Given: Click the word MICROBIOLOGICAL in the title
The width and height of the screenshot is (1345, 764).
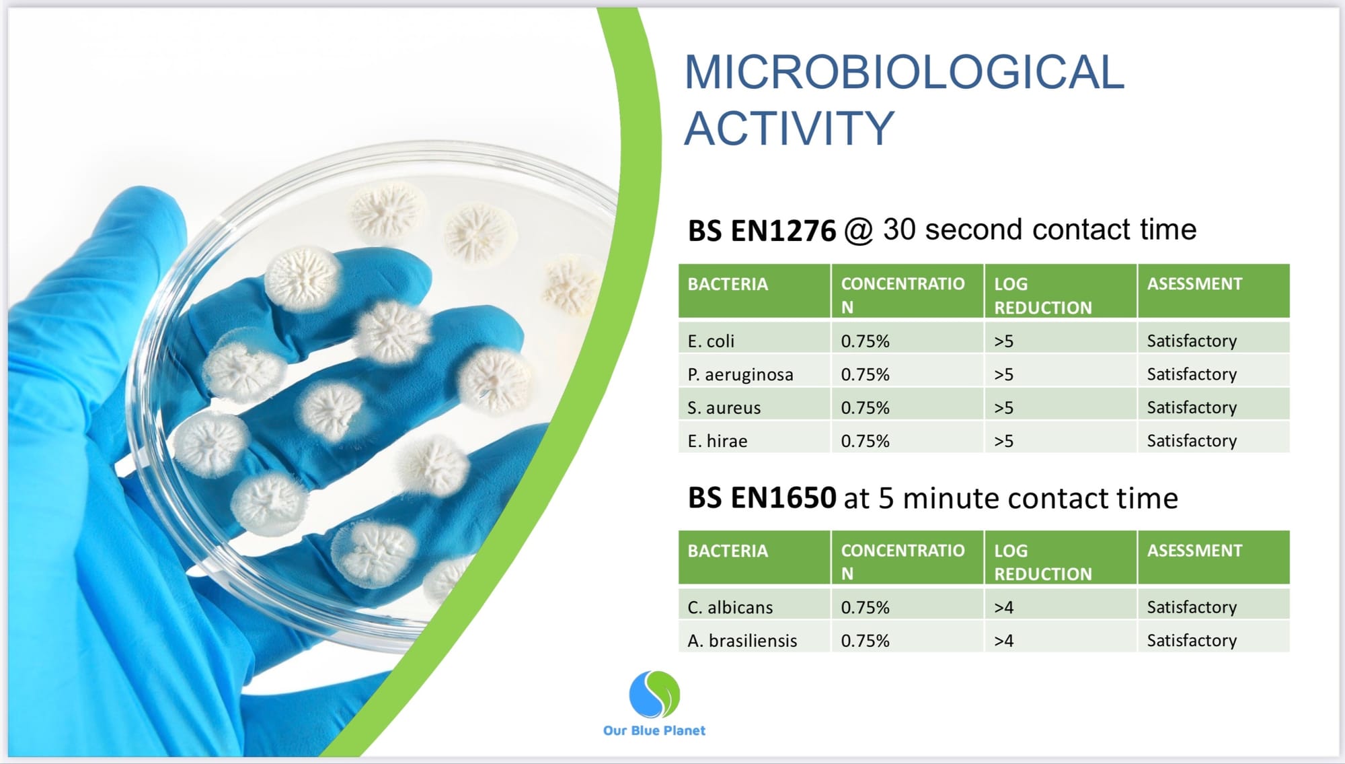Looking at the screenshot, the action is click(904, 72).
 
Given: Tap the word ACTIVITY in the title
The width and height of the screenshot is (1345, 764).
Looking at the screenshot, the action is click(790, 128).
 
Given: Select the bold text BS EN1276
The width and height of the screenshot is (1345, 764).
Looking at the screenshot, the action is click(761, 231).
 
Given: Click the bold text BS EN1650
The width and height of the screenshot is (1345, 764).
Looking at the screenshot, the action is click(762, 498).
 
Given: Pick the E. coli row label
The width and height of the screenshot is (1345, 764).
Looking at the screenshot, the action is click(711, 341).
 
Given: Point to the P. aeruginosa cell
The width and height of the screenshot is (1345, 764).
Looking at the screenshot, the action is click(740, 375).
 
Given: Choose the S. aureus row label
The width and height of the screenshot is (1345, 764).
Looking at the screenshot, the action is click(724, 408).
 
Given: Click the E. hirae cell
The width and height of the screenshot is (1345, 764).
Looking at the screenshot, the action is click(718, 442).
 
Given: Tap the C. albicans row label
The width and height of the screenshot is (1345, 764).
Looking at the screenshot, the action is click(730, 608).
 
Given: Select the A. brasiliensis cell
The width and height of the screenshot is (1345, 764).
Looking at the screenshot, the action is click(742, 641).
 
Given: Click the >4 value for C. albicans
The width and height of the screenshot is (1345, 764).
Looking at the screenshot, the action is click(1003, 608).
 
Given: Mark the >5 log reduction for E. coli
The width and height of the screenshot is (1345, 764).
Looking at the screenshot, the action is click(1003, 341).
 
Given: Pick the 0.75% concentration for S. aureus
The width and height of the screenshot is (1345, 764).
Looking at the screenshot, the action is click(865, 408).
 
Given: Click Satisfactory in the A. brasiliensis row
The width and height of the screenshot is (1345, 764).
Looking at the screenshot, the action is click(1192, 641).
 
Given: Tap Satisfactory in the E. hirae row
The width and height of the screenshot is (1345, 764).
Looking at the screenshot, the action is click(1192, 441).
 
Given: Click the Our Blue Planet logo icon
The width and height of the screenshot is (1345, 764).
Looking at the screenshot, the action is click(654, 694).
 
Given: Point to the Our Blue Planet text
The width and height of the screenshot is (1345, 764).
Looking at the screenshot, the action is click(654, 730).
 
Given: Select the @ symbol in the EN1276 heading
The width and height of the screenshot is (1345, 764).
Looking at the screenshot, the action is click(859, 231).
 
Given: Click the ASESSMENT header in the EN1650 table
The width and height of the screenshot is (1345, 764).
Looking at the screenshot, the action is click(1194, 551).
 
